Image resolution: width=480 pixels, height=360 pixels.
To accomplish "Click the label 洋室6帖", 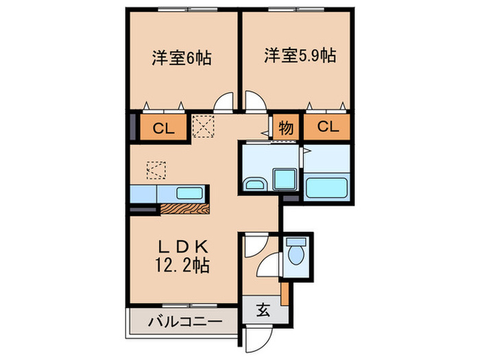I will coord(180,58).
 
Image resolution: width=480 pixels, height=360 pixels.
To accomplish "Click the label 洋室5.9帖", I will coord(299,55).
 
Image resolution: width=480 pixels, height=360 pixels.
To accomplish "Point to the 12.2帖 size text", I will coord(181,264).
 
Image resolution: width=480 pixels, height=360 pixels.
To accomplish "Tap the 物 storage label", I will coord(287,127).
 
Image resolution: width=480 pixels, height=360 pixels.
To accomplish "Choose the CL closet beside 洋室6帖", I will coord(163,128).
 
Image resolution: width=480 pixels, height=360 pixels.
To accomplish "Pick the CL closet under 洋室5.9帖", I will coord(327,127).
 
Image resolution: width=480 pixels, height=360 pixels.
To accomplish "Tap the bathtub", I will coord(326,187).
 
